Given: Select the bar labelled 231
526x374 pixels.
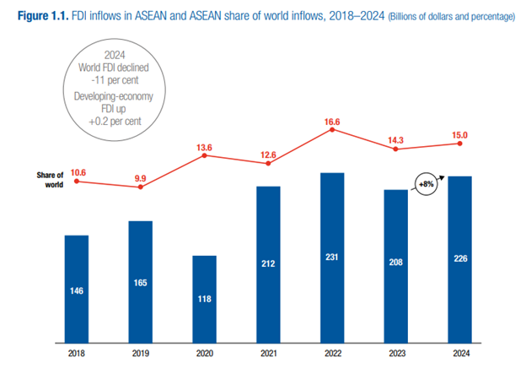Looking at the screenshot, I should coord(332,257).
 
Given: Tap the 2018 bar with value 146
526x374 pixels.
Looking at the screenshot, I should coord(77,288).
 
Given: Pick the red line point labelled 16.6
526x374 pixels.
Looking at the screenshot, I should coord(332,133).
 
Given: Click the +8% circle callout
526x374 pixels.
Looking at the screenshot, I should coord(426,182).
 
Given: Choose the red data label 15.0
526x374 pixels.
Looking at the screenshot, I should coord(459,132).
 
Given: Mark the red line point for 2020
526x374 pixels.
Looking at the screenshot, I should coord(204,154).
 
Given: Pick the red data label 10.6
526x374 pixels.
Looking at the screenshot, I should coord(77,172).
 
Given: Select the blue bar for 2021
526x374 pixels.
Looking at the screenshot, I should coord(268,263).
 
